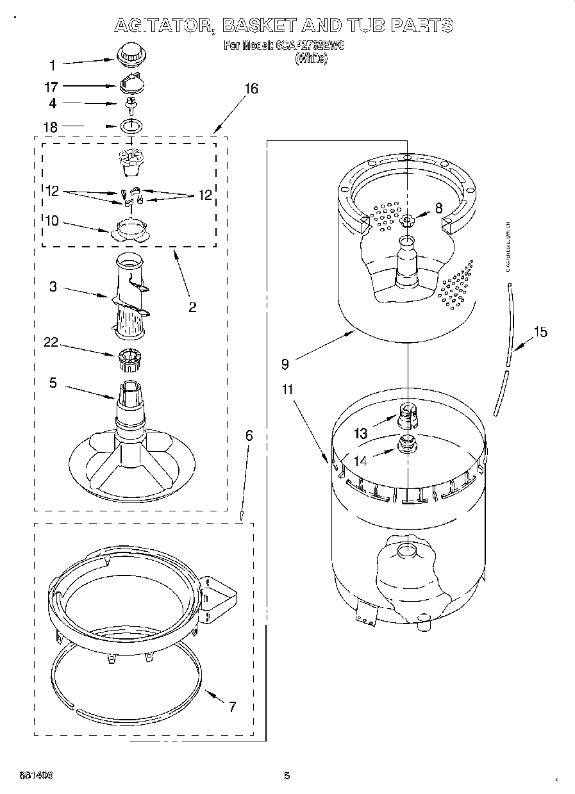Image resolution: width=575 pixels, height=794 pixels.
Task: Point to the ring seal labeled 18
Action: tap(131, 126)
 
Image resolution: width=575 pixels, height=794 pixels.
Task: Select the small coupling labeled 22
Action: tap(130, 360)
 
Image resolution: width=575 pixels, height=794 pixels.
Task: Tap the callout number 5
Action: tap(53, 383)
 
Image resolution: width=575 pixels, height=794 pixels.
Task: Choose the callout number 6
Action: tap(249, 436)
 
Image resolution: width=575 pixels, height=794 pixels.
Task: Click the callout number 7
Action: tap(232, 707)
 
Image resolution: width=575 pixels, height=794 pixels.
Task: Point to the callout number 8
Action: tap(438, 208)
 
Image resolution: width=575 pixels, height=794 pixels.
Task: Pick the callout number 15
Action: tap(540, 332)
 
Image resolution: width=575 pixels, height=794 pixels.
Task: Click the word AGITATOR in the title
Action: tap(165, 26)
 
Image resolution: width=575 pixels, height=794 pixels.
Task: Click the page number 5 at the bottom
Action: tap(287, 776)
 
